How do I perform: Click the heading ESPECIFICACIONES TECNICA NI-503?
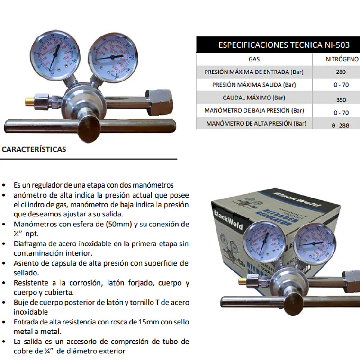pos(284,45)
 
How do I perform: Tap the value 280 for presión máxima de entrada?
pos(340,72)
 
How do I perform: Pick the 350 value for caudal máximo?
pos(341,100)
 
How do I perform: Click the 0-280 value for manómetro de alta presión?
pos(341,126)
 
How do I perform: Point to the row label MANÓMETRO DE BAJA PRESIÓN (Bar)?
pos(254,111)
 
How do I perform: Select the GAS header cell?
pos(254,60)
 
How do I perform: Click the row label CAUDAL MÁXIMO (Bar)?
pos(254,98)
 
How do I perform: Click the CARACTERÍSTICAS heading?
pos(34,149)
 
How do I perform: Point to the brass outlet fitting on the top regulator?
pos(29,100)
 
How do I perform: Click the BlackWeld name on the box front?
pos(230,218)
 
